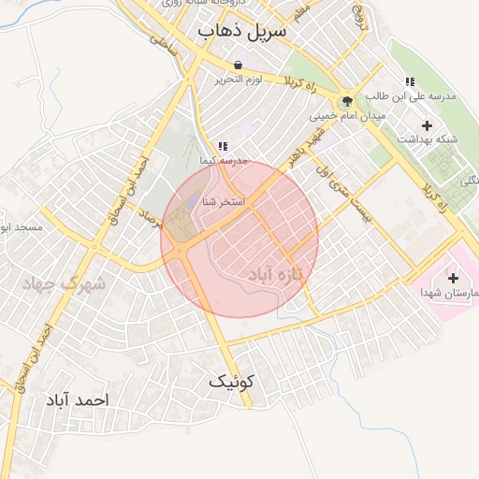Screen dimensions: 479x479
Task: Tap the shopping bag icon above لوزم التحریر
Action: tap(238, 65)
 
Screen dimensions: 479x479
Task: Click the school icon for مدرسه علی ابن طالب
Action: tap(409, 82)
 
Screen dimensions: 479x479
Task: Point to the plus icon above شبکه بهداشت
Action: tap(428, 124)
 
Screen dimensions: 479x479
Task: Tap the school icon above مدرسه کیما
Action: tap(222, 146)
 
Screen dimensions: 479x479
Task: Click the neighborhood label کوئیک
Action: tap(231, 382)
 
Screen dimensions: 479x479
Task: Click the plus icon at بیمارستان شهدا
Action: tap(454, 278)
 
